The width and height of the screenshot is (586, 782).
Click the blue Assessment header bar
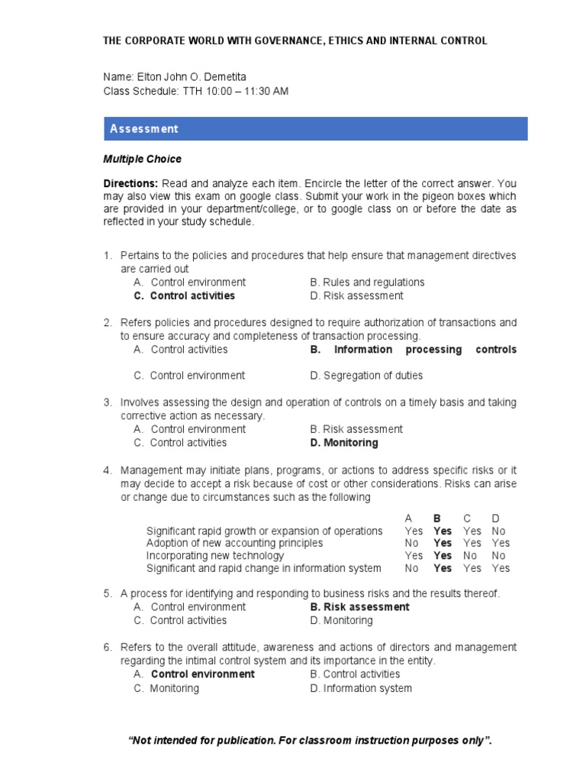[315, 128]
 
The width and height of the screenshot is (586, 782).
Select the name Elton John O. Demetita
[192, 76]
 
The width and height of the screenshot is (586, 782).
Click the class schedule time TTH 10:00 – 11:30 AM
[235, 92]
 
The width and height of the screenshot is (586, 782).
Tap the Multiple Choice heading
[143, 160]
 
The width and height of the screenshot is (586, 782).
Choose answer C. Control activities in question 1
[184, 296]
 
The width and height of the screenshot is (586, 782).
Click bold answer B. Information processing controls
[413, 349]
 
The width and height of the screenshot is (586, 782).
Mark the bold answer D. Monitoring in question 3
[343, 442]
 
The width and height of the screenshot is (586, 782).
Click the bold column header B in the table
[438, 518]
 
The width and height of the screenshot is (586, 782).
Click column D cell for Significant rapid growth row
[498, 531]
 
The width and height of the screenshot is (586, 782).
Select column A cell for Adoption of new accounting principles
[412, 543]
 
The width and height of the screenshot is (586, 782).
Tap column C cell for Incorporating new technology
[470, 556]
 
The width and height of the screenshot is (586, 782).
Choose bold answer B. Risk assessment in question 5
[359, 606]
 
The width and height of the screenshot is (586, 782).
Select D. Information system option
[361, 688]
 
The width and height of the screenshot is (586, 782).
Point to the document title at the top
[295, 41]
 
